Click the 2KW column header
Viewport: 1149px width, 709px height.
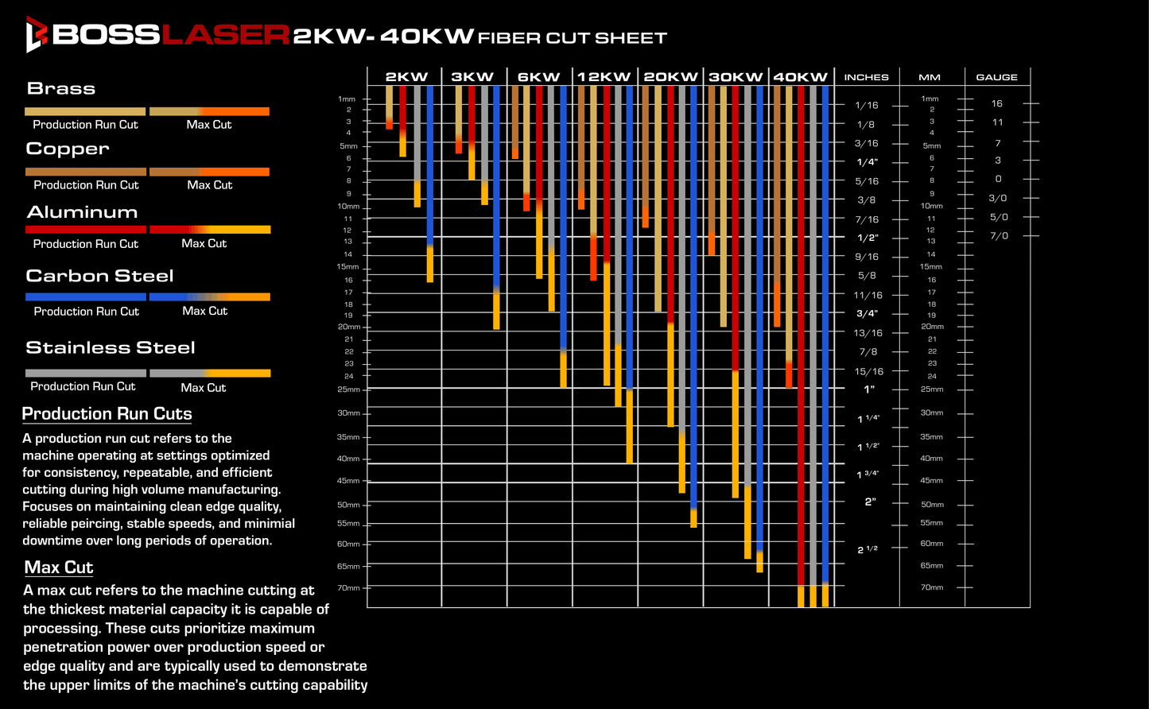pyautogui.click(x=406, y=77)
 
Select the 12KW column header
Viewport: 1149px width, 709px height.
pyautogui.click(x=604, y=77)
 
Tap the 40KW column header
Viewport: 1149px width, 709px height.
pyautogui.click(x=800, y=77)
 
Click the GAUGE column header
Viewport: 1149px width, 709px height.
pyautogui.click(x=996, y=77)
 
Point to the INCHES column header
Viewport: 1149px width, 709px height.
pyautogui.click(x=867, y=77)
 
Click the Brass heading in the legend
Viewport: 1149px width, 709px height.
pyautogui.click(x=61, y=88)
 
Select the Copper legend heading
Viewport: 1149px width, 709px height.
pyautogui.click(x=68, y=149)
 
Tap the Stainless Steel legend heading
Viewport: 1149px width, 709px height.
pyautogui.click(x=111, y=347)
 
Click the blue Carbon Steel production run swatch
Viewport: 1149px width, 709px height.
pyautogui.click(x=86, y=296)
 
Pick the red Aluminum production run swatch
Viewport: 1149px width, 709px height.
pyautogui.click(x=86, y=230)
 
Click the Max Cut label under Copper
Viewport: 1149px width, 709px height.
pyautogui.click(x=210, y=185)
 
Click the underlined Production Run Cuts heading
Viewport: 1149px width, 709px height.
pyautogui.click(x=107, y=413)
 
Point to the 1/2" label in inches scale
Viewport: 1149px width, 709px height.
pyautogui.click(x=868, y=238)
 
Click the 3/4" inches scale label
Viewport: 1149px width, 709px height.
pyautogui.click(x=868, y=313)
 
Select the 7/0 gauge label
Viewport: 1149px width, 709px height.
pyautogui.click(x=999, y=236)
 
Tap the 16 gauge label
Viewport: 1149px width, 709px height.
pyautogui.click(x=996, y=103)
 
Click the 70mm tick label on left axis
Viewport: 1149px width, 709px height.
pyautogui.click(x=348, y=588)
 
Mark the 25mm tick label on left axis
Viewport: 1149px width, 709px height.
pyautogui.click(x=348, y=389)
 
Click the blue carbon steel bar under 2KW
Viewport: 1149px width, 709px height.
pyautogui.click(x=430, y=167)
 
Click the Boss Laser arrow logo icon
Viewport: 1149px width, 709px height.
pyautogui.click(x=37, y=34)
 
